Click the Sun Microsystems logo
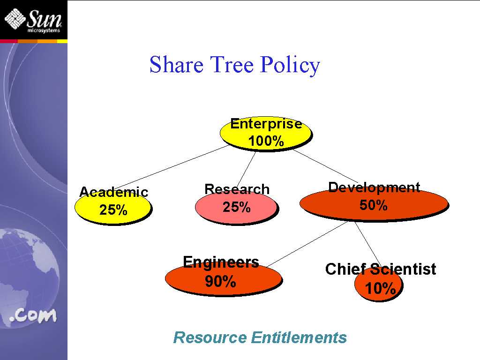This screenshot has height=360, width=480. click(33, 20)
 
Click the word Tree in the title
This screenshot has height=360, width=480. click(232, 64)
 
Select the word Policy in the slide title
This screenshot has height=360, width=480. click(290, 65)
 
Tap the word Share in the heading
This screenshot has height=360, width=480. click(176, 64)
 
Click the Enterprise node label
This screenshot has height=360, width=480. click(266, 124)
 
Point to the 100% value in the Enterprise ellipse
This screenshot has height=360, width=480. click(266, 141)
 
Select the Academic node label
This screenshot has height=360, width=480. click(113, 192)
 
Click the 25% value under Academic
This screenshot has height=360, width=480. click(113, 210)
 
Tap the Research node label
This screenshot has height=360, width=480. click(237, 189)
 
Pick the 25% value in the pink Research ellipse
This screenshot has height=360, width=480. click(237, 207)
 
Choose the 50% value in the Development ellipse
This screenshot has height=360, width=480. click(374, 205)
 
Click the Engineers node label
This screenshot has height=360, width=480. click(221, 262)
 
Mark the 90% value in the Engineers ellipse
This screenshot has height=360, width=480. click(220, 281)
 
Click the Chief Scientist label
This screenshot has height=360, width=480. click(381, 269)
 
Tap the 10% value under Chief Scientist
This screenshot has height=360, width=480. click(381, 288)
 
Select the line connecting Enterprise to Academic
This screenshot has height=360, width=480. click(172, 167)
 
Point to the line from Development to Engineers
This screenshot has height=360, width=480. click(307, 244)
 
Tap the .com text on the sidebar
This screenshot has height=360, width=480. click(33, 315)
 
